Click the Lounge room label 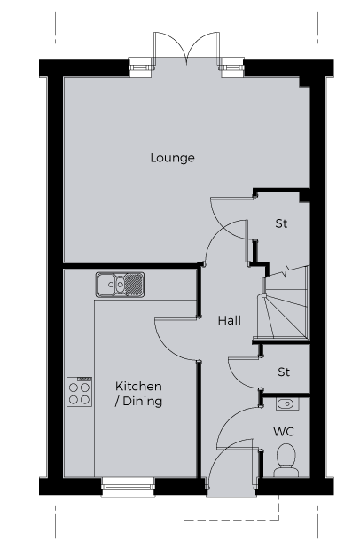(x=172, y=158)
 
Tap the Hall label (x=230, y=320)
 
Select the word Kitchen (x=138, y=386)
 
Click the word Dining (x=143, y=401)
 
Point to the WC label (x=284, y=432)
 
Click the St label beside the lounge (x=281, y=223)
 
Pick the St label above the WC (x=284, y=372)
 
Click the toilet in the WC (x=286, y=460)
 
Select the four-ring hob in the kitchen (x=79, y=391)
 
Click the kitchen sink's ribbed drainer (x=134, y=285)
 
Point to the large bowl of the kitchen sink (x=106, y=285)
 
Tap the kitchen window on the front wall (x=128, y=487)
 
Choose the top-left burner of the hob (x=74, y=388)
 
